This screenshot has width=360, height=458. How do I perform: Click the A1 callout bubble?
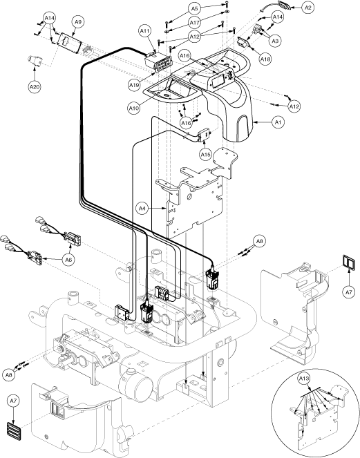click(278, 122)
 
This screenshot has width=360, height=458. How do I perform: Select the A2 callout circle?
click(307, 8)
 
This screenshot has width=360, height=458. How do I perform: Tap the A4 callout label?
click(142, 208)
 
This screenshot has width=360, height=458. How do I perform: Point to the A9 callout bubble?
click(77, 22)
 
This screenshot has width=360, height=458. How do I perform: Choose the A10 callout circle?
click(134, 108)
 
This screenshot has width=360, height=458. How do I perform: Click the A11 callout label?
click(144, 30)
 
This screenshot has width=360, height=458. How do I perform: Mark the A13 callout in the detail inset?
click(304, 379)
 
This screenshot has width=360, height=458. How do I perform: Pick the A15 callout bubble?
click(205, 154)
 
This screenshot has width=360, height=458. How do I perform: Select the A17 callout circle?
click(194, 22)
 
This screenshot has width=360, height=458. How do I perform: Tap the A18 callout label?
click(265, 59)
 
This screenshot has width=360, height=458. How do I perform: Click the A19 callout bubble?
click(134, 85)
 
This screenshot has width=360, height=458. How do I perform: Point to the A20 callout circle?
click(35, 87)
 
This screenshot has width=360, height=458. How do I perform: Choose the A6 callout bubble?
click(68, 259)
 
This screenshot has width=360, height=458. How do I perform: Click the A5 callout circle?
click(194, 9)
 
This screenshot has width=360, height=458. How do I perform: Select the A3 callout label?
click(275, 41)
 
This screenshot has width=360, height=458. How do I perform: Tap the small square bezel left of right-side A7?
click(349, 263)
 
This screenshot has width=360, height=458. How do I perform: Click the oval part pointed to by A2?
click(282, 6)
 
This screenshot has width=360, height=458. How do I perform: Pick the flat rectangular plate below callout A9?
click(70, 44)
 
